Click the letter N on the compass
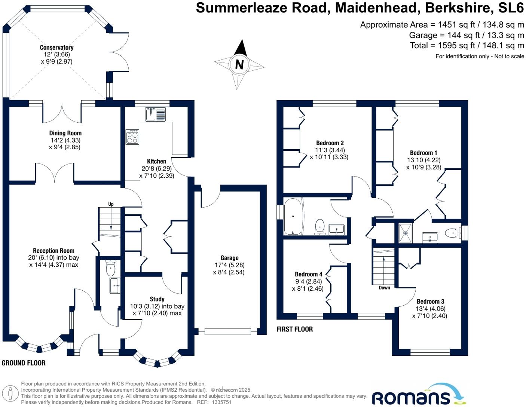(x=239, y=65)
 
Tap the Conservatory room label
(x=56, y=48)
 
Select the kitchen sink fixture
(x=156, y=114)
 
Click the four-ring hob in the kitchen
(x=132, y=137)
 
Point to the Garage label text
(x=229, y=258)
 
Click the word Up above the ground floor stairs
(x=111, y=204)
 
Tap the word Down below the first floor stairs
(x=384, y=288)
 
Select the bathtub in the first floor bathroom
(x=293, y=217)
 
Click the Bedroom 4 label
(x=308, y=274)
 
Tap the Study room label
(x=157, y=299)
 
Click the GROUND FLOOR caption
(x=24, y=363)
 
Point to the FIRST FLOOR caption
(x=294, y=329)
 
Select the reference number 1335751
(x=222, y=403)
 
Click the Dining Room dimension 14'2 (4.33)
(x=65, y=140)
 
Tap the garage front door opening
(x=227, y=331)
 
